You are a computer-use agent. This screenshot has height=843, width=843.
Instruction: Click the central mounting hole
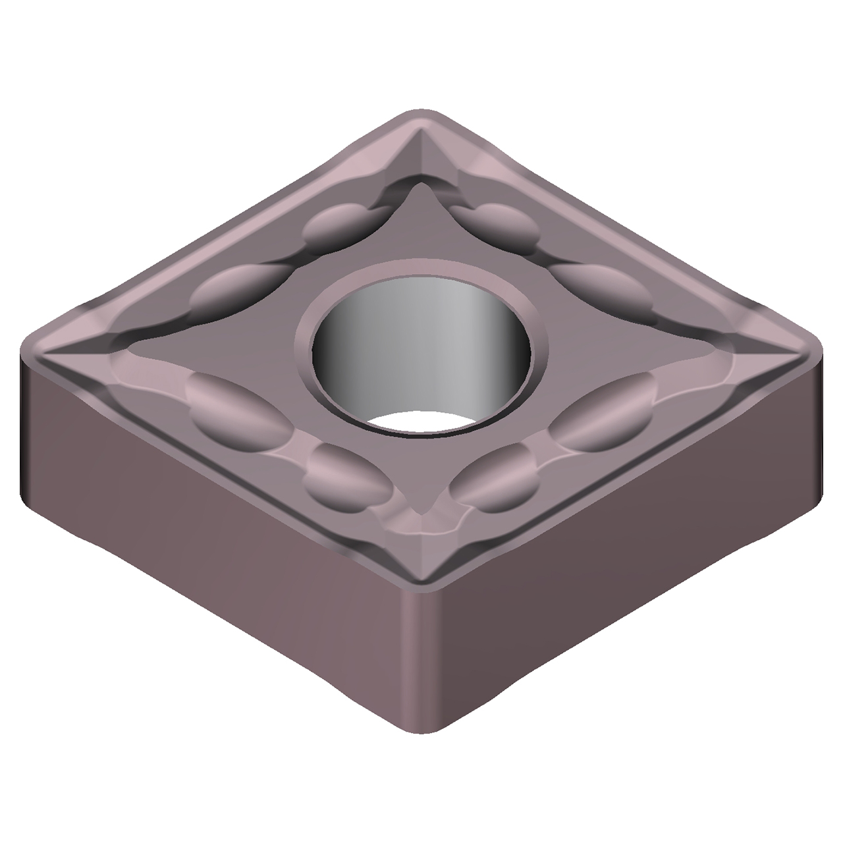[421, 349]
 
